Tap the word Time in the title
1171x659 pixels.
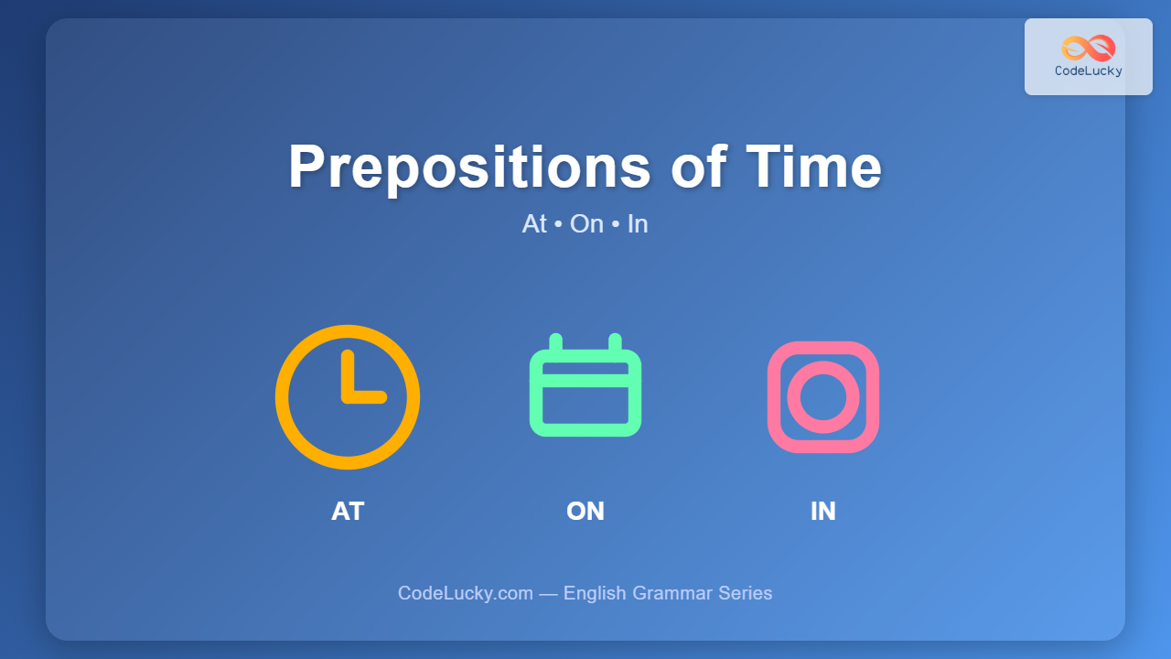[x=813, y=167]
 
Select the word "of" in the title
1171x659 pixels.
[x=698, y=166]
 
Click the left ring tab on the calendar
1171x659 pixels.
[x=555, y=342]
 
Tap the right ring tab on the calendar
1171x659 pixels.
[x=616, y=342]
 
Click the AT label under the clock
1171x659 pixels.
[x=348, y=511]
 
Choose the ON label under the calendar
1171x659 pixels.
[x=585, y=511]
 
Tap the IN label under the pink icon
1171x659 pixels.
[x=823, y=511]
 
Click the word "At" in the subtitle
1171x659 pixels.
[x=534, y=224]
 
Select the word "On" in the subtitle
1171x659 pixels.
[x=586, y=224]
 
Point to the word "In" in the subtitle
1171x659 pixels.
[x=638, y=224]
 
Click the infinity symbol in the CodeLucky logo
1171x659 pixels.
[x=1089, y=49]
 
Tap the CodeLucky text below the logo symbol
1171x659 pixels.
[x=1089, y=71]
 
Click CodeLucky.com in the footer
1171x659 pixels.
[x=466, y=594]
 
